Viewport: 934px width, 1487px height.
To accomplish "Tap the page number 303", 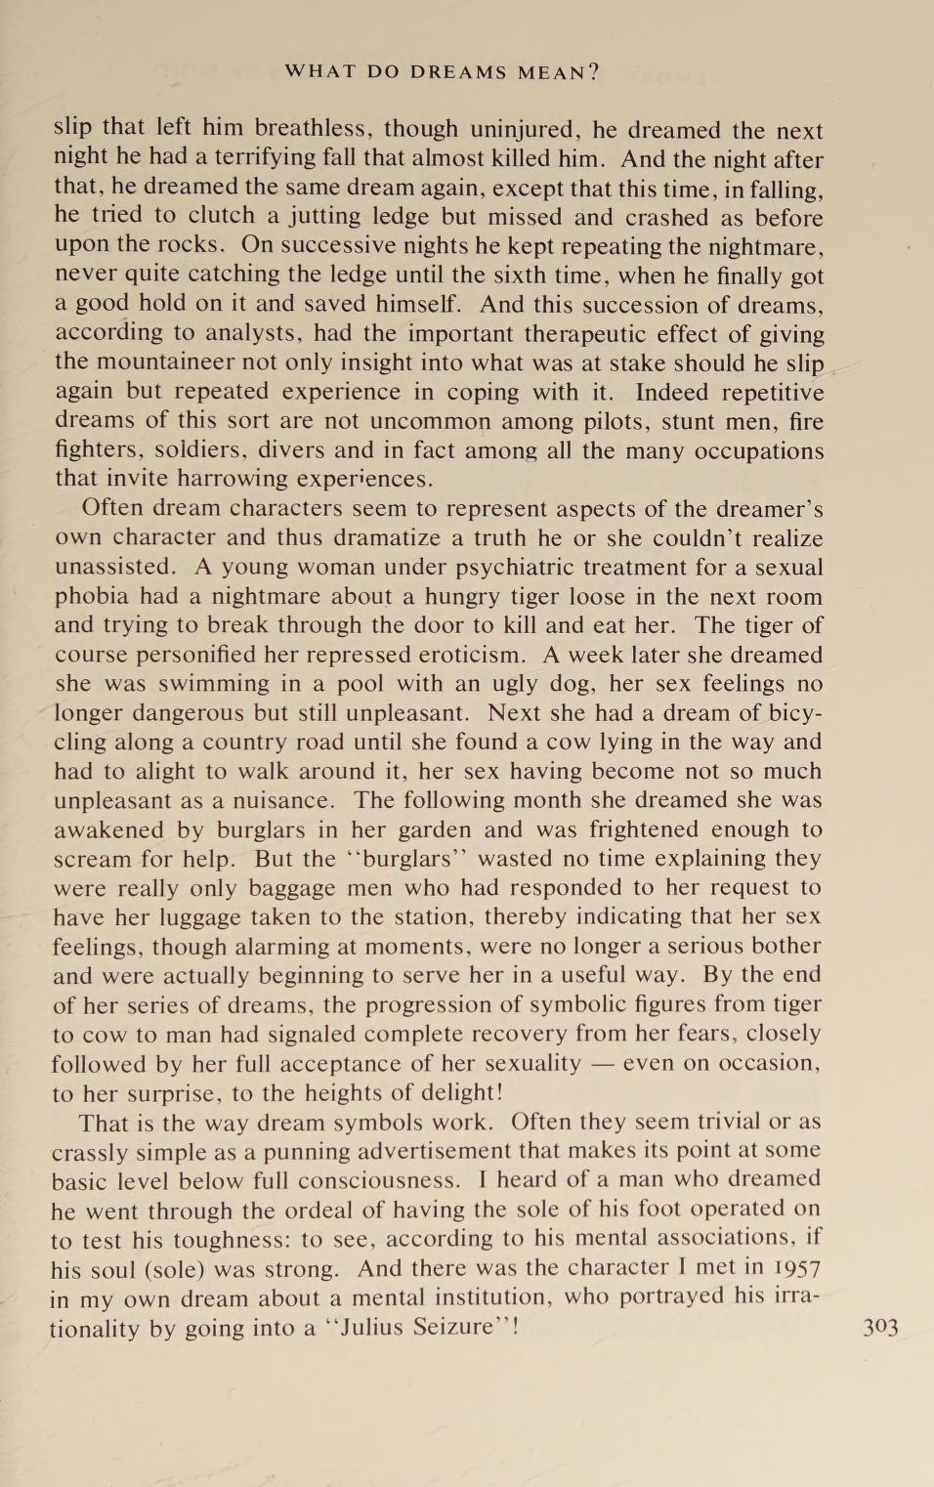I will (880, 1327).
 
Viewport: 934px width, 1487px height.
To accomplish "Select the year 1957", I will (795, 1268).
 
